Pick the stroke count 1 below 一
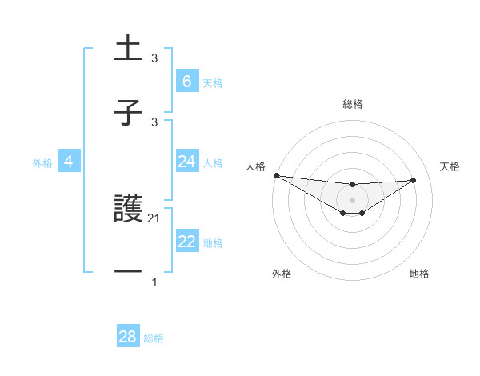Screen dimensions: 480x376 154,282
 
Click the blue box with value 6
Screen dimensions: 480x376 186,82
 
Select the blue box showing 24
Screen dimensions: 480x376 186,162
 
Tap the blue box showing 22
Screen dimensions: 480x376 186,242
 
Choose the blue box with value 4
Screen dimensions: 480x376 69,162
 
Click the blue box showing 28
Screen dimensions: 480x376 127,337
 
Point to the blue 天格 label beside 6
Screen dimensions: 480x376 213,83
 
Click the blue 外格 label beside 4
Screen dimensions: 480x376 42,163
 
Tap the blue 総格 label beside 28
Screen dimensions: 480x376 154,338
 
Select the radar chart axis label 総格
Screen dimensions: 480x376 352,104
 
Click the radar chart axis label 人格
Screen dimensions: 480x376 255,166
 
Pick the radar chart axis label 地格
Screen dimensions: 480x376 419,274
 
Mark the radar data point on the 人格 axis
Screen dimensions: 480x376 276,175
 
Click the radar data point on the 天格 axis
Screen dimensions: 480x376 413,180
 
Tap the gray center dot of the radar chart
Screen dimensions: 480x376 352,200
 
